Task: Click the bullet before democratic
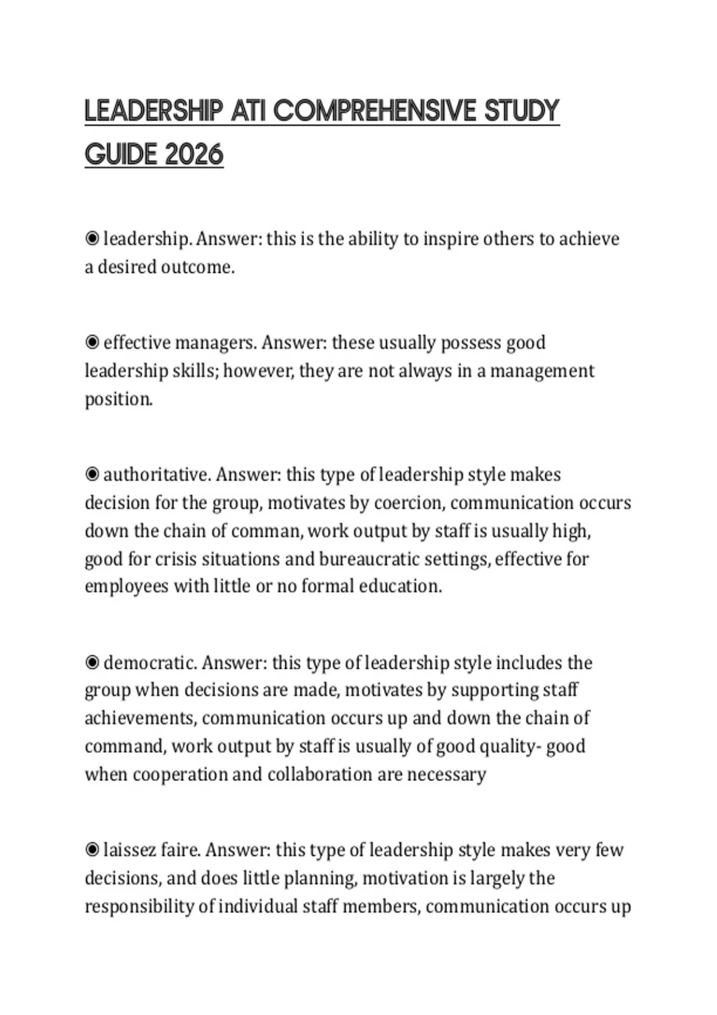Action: pyautogui.click(x=92, y=663)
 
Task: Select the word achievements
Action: pyautogui.click(x=140, y=718)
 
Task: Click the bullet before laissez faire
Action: pyautogui.click(x=92, y=850)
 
